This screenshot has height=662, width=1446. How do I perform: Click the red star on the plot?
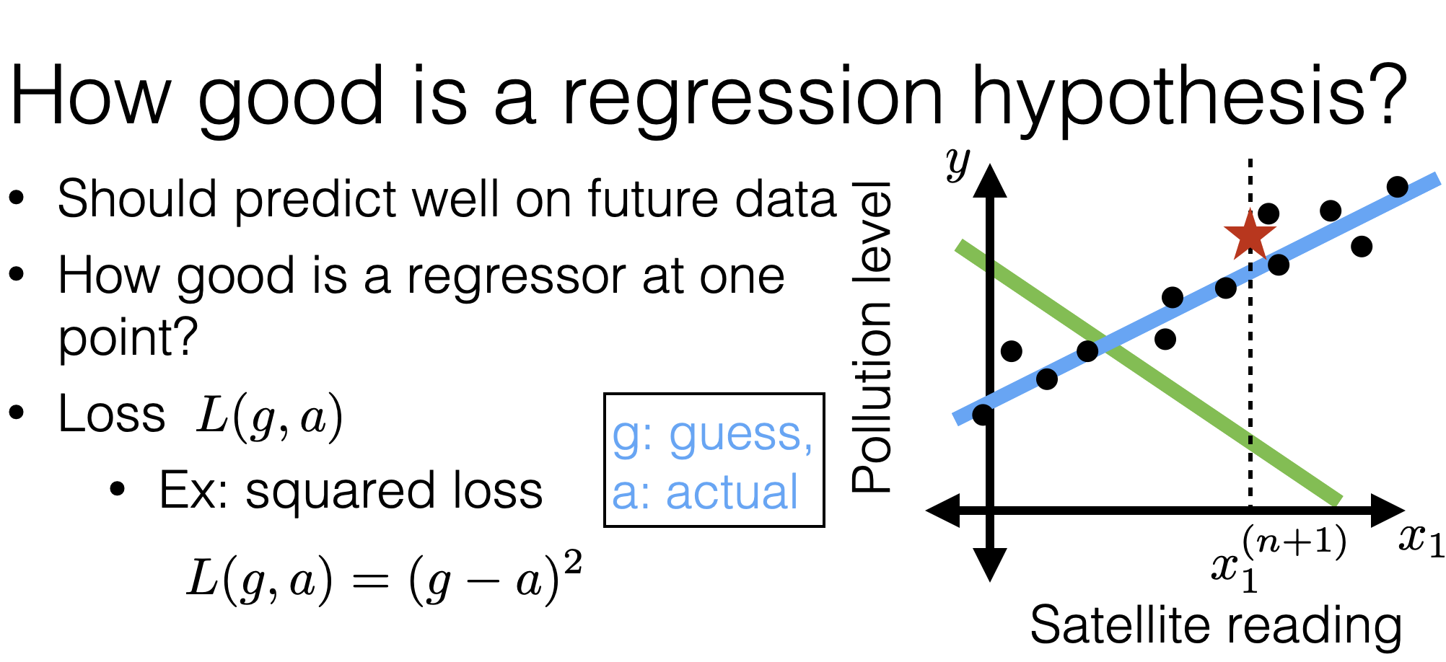(x=1249, y=234)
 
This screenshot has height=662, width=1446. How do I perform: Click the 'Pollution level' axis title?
(x=872, y=337)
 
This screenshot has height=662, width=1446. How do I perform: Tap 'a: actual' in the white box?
(x=705, y=493)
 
